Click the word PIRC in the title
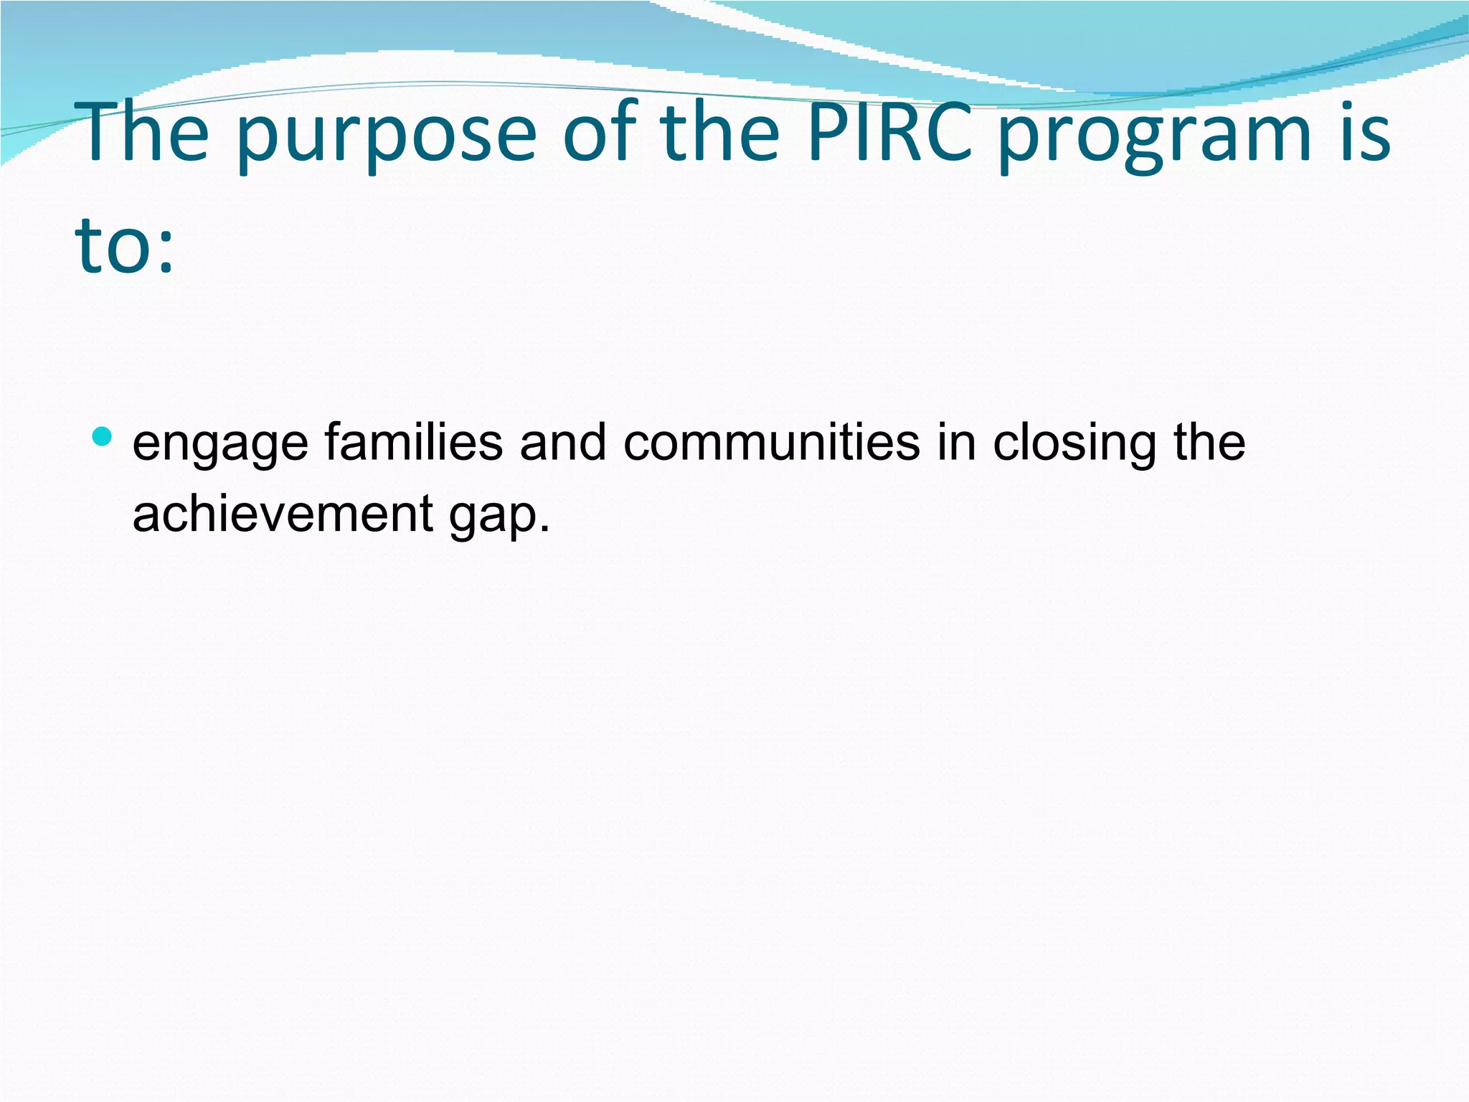(x=889, y=133)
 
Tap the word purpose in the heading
(x=386, y=136)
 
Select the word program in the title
(x=1155, y=136)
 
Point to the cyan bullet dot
(x=103, y=435)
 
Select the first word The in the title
(x=146, y=133)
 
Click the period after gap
(x=544, y=528)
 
